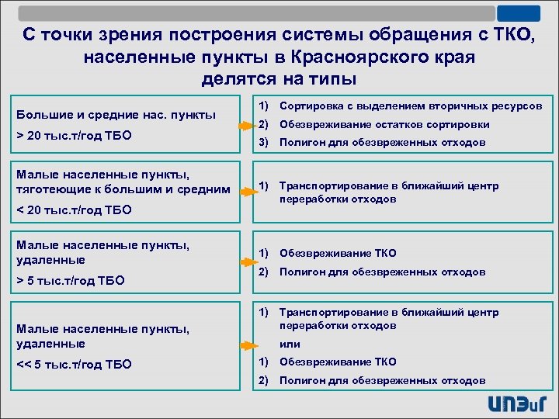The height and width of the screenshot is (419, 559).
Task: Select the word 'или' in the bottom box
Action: pos(290,345)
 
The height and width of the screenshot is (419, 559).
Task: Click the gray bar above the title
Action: pos(256,13)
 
